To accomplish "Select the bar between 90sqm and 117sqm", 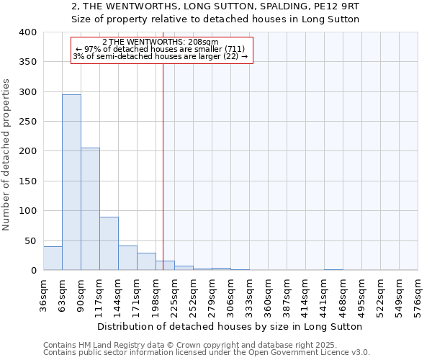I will (x=90, y=209).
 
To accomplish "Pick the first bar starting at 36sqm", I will (x=53, y=258).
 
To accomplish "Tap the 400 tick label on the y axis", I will (x=27, y=32).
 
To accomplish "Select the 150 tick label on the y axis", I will (x=27, y=181).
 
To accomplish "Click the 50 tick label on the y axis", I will (x=30, y=241).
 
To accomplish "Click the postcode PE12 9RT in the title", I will (x=336, y=6).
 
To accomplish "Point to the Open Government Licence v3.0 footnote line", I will (x=206, y=353).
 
